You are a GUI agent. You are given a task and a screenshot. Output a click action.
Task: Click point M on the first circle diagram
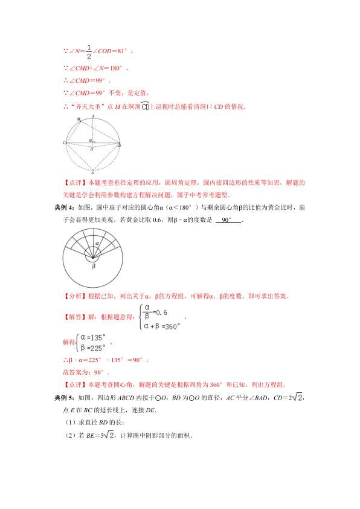(79, 120)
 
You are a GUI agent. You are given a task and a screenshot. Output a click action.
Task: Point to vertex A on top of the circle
(93, 115)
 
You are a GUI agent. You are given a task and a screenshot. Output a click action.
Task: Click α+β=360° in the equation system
(162, 325)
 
